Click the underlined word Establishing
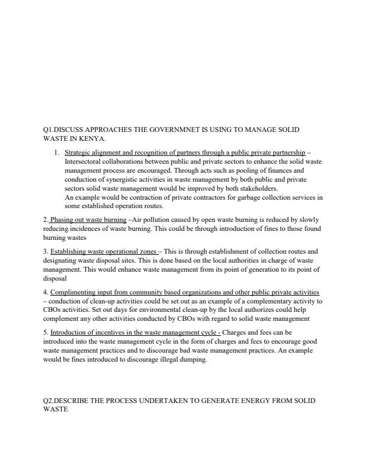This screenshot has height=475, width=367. point(67,251)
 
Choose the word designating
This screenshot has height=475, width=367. point(62,260)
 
